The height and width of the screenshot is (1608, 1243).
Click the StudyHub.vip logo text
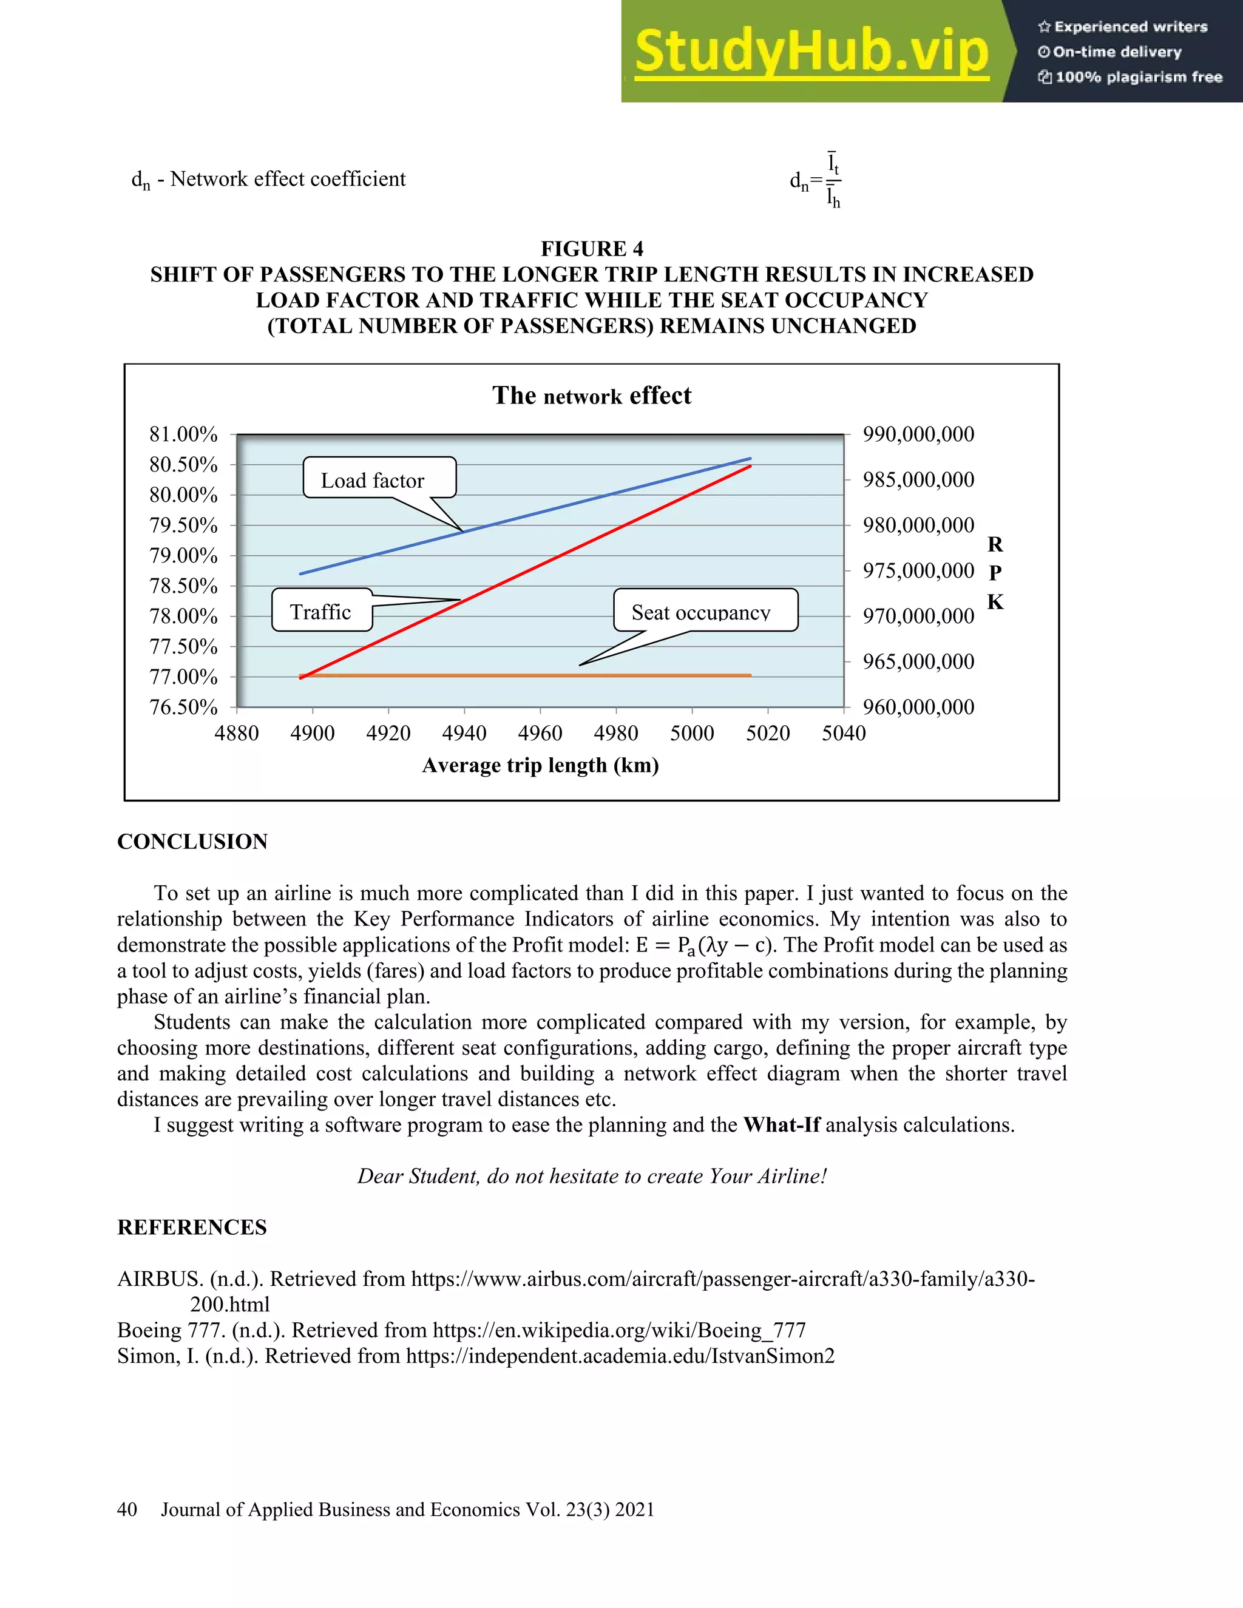pyautogui.click(x=811, y=52)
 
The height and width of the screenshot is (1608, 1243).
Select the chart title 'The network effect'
pyautogui.click(x=591, y=396)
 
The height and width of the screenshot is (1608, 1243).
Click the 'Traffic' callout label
pyautogui.click(x=321, y=611)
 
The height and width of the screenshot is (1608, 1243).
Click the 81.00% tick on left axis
pyautogui.click(x=183, y=434)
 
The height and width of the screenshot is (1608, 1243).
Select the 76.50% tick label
pyautogui.click(x=183, y=707)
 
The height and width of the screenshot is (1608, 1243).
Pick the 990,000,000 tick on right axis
pyautogui.click(x=918, y=434)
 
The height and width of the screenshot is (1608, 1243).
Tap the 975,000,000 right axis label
pyautogui.click(x=918, y=570)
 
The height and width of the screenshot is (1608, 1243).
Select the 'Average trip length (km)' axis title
pyautogui.click(x=540, y=765)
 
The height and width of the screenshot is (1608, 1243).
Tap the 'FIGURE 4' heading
pyautogui.click(x=591, y=249)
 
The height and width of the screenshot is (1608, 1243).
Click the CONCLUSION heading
pyautogui.click(x=192, y=842)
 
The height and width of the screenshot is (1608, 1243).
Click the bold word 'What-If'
pyautogui.click(x=781, y=1125)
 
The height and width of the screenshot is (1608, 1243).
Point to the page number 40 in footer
pyautogui.click(x=127, y=1509)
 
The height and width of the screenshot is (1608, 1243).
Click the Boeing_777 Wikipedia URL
pyautogui.click(x=618, y=1329)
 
